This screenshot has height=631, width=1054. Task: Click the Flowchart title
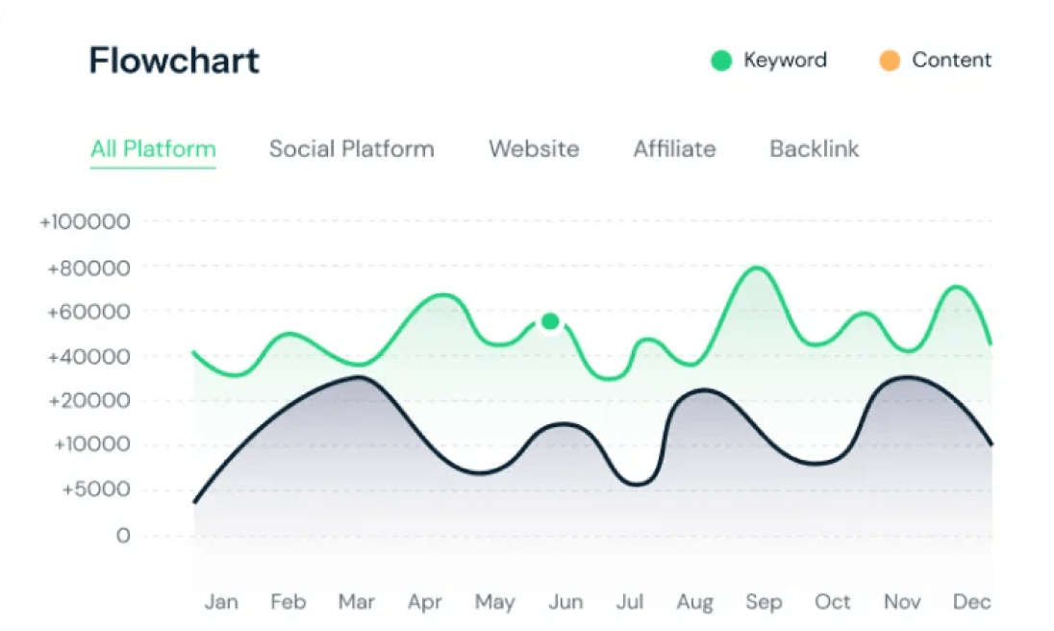[x=174, y=61]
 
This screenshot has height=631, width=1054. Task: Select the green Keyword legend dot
[x=721, y=61]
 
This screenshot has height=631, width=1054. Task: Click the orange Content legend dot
[x=890, y=61]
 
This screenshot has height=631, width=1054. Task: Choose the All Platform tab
[x=153, y=149]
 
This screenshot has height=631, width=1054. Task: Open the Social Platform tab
[x=351, y=149]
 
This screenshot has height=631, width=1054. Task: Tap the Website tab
[x=534, y=149]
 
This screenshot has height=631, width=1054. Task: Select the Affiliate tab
[x=674, y=149]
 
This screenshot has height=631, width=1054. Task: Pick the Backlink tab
[x=815, y=149]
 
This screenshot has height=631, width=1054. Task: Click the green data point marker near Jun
[x=550, y=321]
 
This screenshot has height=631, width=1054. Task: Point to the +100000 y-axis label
[x=84, y=222]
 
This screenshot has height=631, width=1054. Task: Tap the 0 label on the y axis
[x=123, y=536]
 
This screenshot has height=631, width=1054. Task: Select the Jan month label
[x=221, y=602]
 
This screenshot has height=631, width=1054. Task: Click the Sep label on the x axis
[x=764, y=602]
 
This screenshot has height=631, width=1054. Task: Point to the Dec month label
[x=971, y=602]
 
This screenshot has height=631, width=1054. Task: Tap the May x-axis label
[x=494, y=602]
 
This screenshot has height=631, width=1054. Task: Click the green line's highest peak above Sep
[x=759, y=267]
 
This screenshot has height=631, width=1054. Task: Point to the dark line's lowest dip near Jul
[x=638, y=484]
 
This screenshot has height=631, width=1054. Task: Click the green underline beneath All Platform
[x=153, y=168]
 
